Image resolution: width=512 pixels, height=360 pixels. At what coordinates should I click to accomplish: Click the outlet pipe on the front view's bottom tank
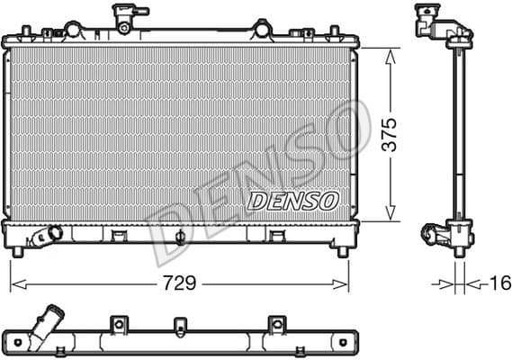(x=43, y=237)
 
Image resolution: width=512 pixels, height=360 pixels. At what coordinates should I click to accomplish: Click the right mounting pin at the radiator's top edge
(x=262, y=28)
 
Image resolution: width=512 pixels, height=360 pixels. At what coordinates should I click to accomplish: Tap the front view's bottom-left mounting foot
(x=15, y=250)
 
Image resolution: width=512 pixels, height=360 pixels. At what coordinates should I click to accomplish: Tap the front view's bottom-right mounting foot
(x=342, y=250)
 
